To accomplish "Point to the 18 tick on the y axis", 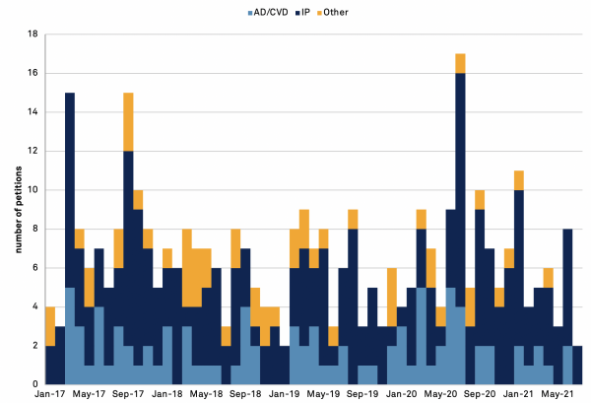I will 32,34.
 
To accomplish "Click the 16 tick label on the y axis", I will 32,73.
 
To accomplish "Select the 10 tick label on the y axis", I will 32,190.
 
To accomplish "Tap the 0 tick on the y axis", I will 34,384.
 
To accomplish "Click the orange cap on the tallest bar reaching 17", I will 460,63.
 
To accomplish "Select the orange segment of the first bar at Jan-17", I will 50,326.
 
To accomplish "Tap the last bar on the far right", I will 577,365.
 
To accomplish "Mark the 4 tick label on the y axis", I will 34,306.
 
